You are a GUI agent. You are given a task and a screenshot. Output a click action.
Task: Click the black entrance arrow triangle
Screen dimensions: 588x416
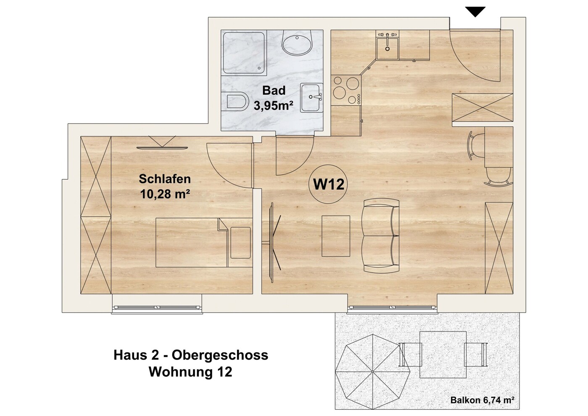pyautogui.click(x=475, y=11)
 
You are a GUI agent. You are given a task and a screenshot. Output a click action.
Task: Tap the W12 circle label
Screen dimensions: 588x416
pyautogui.click(x=329, y=184)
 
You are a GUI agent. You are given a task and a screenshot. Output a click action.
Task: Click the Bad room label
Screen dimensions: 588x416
pyautogui.click(x=274, y=91)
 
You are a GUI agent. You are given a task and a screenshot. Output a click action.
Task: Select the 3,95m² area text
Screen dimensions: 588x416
pyautogui.click(x=274, y=106)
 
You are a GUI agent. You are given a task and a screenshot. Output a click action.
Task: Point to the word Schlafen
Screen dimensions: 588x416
pyautogui.click(x=165, y=179)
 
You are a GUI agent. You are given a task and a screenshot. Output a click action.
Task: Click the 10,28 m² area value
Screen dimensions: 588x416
pyautogui.click(x=165, y=195)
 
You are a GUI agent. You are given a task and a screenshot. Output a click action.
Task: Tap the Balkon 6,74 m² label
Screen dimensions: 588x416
pyautogui.click(x=482, y=400)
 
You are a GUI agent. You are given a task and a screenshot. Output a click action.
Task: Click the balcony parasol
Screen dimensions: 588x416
pyautogui.click(x=373, y=372)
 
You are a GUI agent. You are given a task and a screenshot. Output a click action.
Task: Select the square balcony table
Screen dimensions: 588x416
pyautogui.click(x=443, y=355)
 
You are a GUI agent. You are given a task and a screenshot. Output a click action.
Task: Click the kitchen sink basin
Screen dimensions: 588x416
pyautogui.click(x=388, y=48)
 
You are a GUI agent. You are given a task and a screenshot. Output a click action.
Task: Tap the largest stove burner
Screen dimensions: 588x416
pyautogui.click(x=340, y=93)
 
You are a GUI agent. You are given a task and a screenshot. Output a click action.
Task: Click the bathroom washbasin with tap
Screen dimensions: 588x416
pyautogui.click(x=312, y=98)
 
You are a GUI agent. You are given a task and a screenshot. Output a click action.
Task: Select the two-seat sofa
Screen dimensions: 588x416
pyautogui.click(x=381, y=235)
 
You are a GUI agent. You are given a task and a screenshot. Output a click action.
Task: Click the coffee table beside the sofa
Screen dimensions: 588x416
pyautogui.click(x=336, y=236)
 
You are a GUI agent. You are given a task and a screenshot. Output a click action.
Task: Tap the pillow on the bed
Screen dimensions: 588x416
pyautogui.click(x=240, y=243)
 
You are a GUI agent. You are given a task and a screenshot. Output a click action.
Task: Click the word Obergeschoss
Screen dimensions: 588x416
pyautogui.click(x=220, y=355)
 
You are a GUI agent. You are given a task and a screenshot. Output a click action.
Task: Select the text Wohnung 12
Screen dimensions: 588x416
pyautogui.click(x=190, y=372)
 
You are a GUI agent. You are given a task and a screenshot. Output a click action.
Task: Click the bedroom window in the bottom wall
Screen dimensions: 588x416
pyautogui.click(x=157, y=307)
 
